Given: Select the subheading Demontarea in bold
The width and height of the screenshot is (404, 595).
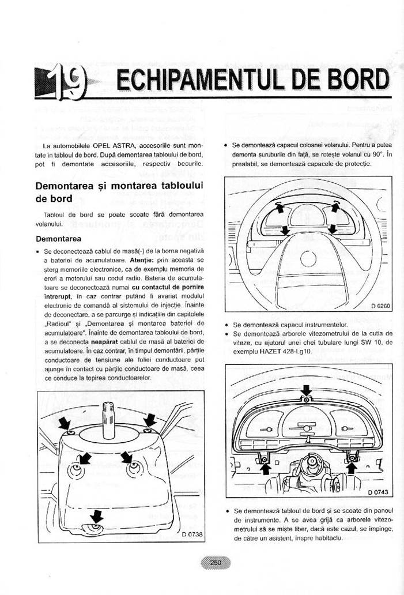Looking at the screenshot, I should [58, 239].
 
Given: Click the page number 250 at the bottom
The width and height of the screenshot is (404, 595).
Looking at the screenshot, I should [216, 563].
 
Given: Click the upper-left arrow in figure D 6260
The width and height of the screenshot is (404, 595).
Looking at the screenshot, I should [280, 208].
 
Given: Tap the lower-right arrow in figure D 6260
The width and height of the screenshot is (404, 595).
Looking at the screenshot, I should [331, 229].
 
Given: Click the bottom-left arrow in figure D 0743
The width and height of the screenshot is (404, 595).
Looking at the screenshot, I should [265, 468].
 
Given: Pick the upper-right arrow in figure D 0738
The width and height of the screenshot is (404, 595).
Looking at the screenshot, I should [150, 419].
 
